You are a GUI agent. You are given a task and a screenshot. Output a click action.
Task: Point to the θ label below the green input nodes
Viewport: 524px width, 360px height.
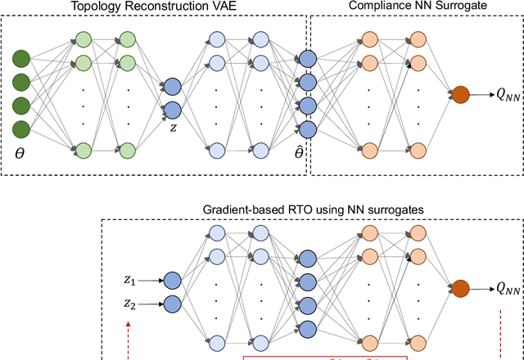[21, 153]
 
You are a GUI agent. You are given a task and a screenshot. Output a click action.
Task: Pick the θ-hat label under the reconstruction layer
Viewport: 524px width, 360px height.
[299, 152]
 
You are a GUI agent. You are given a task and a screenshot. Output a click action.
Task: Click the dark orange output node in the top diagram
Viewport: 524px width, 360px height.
[461, 95]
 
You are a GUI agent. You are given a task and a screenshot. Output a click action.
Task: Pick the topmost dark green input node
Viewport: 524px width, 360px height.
[21, 59]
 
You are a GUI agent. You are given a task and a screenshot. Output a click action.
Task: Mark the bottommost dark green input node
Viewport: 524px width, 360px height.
[21, 128]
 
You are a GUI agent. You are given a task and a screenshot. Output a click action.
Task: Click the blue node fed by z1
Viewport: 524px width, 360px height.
[172, 281]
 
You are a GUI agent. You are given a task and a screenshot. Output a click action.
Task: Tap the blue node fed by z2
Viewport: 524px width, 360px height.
[172, 304]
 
